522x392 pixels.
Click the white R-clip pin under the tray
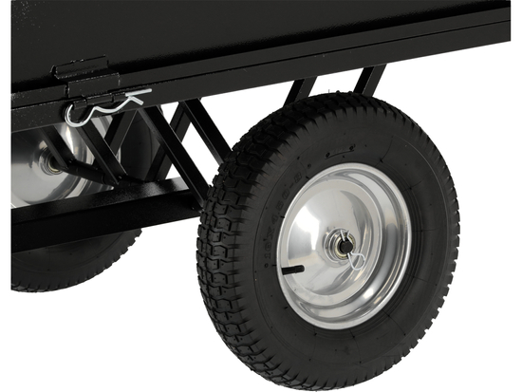pos(106,105)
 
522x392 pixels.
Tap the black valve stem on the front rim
pos(293,270)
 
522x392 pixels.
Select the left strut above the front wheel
pos(302,90)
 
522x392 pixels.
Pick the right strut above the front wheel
pos(369,81)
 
